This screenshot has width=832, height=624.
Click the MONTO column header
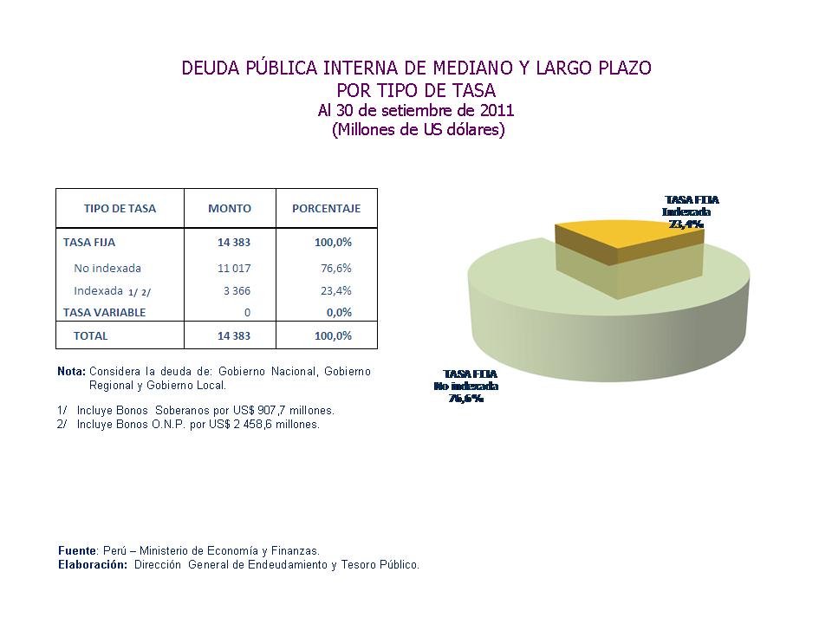pos(230,208)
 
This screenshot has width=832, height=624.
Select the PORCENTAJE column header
pos(326,208)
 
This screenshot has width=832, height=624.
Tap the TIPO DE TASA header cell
pos(120,208)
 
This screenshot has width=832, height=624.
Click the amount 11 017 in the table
pos(234,268)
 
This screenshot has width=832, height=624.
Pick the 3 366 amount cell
pos(237,290)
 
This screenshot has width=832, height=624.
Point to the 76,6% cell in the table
pos(336,268)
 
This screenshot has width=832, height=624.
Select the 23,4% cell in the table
pos(336,290)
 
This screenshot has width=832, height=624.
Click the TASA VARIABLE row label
pos(104,312)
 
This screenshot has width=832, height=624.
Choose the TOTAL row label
pos(91,335)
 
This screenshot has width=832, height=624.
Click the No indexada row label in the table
pos(107,268)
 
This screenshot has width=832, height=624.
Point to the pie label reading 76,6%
pos(465,399)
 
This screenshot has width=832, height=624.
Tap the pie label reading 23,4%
pos(686,223)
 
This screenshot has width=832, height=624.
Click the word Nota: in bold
pos(71,371)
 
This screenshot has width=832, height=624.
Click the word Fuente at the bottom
pos(77,550)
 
